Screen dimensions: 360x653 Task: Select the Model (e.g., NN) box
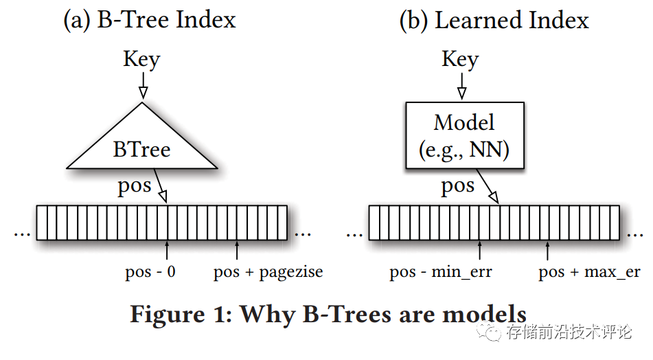465,135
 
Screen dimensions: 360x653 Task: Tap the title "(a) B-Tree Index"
149,20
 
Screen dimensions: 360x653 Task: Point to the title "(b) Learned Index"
494,20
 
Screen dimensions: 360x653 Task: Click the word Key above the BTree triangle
141,59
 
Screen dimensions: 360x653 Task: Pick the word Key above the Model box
460,59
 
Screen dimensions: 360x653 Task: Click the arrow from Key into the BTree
142,87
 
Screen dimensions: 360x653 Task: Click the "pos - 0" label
150,272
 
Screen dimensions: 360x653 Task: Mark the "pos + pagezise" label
268,272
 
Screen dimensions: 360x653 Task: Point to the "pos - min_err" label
441,272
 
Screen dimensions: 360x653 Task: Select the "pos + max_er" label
589,272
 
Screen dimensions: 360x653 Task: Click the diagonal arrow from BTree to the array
161,187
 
